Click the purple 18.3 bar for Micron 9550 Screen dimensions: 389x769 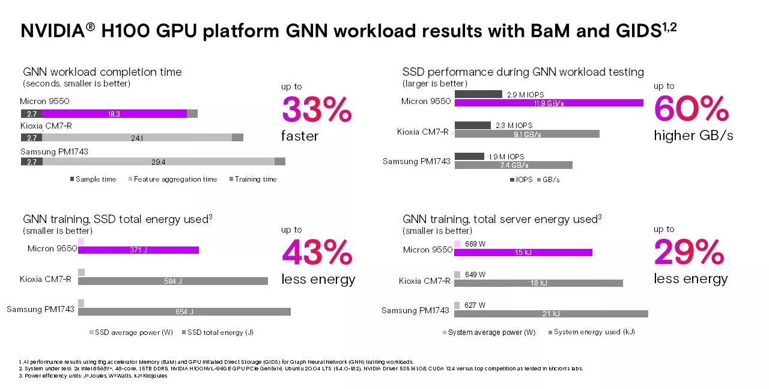click(x=114, y=114)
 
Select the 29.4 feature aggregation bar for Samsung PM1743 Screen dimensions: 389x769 click(x=158, y=161)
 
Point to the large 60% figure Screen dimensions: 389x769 click(x=691, y=109)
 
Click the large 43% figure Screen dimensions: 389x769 click(x=317, y=253)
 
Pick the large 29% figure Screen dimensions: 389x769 click(x=690, y=253)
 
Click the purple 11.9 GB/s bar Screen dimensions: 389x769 click(x=549, y=103)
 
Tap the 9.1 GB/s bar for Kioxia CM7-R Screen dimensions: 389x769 click(x=527, y=134)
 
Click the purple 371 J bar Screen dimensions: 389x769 click(x=138, y=250)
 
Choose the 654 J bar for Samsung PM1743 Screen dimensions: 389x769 click(x=184, y=311)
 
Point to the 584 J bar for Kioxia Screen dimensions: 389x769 click(x=172, y=281)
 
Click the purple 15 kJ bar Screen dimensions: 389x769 click(x=523, y=253)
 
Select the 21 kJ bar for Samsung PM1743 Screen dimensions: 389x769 click(x=551, y=314)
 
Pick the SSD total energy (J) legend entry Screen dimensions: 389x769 click(x=220, y=332)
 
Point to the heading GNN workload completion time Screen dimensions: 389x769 click(x=102, y=72)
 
